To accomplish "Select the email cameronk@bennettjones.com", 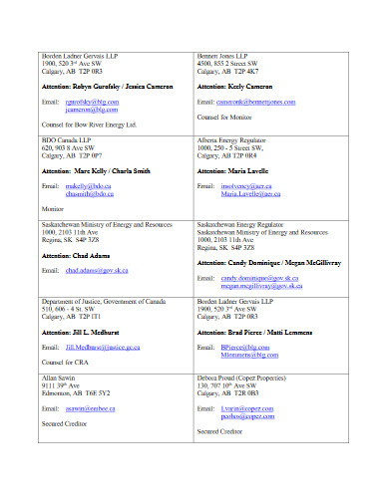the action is click(x=255, y=102).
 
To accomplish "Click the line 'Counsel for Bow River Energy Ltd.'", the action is click(x=88, y=126).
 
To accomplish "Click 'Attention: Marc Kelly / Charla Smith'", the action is click(x=96, y=171).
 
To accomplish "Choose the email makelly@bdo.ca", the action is click(x=88, y=186).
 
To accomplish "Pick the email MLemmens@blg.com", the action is click(x=249, y=354).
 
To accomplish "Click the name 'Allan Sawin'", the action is click(x=59, y=377).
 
